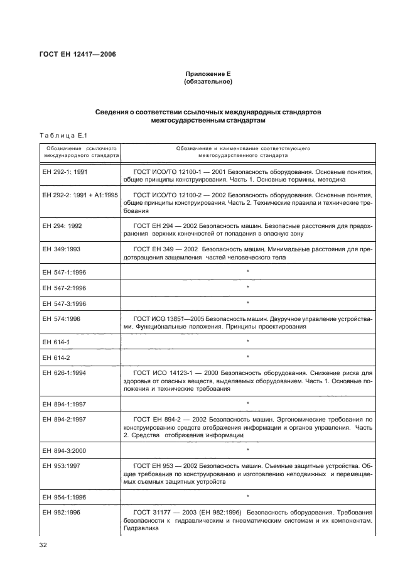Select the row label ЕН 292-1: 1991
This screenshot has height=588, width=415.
(x=67, y=171)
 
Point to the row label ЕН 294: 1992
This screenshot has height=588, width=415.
(x=65, y=224)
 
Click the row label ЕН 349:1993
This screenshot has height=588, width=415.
(x=63, y=249)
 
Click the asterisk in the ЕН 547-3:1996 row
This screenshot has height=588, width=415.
(x=248, y=303)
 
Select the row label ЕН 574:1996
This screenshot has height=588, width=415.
(x=63, y=318)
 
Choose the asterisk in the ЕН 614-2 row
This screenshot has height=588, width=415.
(x=248, y=357)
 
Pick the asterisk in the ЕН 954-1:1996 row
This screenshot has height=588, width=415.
(x=248, y=496)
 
